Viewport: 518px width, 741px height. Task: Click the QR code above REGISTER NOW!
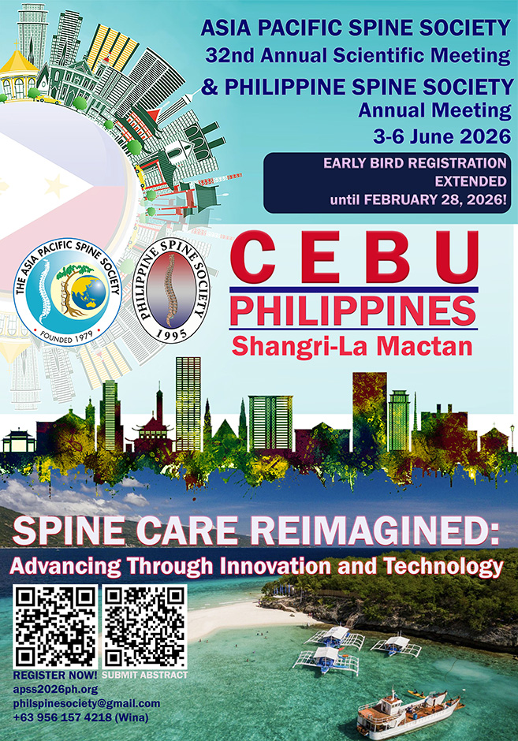pyautogui.click(x=54, y=627)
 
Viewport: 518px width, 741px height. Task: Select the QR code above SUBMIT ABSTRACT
pyautogui.click(x=145, y=627)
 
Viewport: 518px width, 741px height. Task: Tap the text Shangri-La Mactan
pyautogui.click(x=352, y=345)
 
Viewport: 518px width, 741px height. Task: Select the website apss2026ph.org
pyautogui.click(x=49, y=689)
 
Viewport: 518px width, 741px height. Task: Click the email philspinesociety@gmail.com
pyautogui.click(x=86, y=703)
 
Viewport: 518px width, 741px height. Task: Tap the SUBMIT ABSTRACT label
pyautogui.click(x=146, y=675)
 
